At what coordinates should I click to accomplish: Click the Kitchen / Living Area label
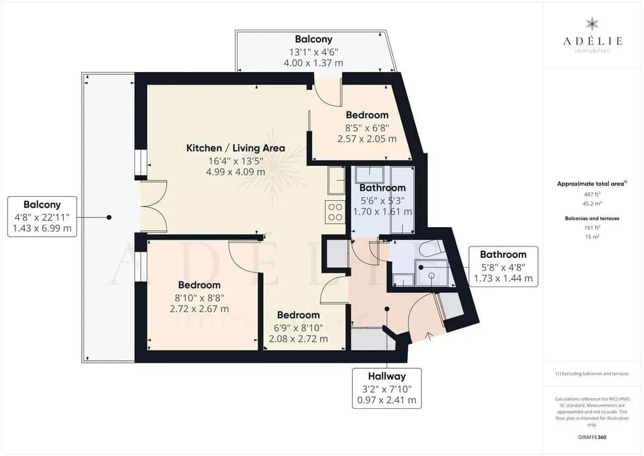(235, 148)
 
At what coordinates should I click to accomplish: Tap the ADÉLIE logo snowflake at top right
(592, 24)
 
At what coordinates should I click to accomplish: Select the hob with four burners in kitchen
(334, 212)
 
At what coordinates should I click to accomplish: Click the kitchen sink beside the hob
(335, 181)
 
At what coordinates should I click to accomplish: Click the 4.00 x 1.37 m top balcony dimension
(314, 62)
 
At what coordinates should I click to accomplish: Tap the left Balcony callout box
(42, 216)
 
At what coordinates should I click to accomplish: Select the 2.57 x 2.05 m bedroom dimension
(366, 138)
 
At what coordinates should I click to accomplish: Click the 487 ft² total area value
(592, 194)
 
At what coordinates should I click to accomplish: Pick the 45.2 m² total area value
(592, 204)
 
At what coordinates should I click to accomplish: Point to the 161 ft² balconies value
(592, 228)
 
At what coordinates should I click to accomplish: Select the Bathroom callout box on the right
(503, 266)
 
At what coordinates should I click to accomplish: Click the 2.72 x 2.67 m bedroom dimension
(199, 308)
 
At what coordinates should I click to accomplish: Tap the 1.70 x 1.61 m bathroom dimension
(382, 211)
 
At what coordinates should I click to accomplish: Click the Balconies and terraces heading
(592, 218)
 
